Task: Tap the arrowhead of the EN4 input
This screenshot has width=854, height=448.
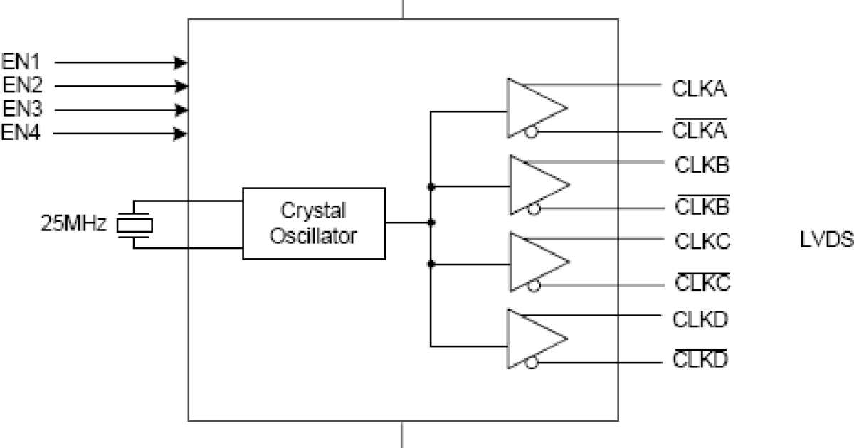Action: click(x=182, y=133)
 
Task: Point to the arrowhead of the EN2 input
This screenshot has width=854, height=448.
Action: click(x=182, y=86)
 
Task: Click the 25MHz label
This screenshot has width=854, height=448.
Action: click(x=74, y=225)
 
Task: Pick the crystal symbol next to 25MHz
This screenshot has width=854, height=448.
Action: click(x=134, y=225)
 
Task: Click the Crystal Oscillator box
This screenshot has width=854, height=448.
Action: click(x=314, y=223)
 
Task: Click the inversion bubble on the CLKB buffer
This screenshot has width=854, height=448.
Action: click(x=534, y=208)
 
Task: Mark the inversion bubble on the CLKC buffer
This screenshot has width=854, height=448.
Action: click(x=534, y=285)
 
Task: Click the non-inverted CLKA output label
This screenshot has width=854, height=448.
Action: click(x=699, y=90)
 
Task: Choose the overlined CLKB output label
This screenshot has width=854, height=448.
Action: click(x=701, y=208)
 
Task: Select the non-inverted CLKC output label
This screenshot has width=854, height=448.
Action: click(x=702, y=242)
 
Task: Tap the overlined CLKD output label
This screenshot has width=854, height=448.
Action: click(x=700, y=361)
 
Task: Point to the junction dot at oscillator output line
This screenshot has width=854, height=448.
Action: click(x=431, y=223)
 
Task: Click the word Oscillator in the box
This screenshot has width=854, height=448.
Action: click(x=315, y=235)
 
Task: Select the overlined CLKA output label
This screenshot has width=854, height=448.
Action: click(x=699, y=131)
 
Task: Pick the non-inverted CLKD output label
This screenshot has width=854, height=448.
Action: click(x=700, y=319)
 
